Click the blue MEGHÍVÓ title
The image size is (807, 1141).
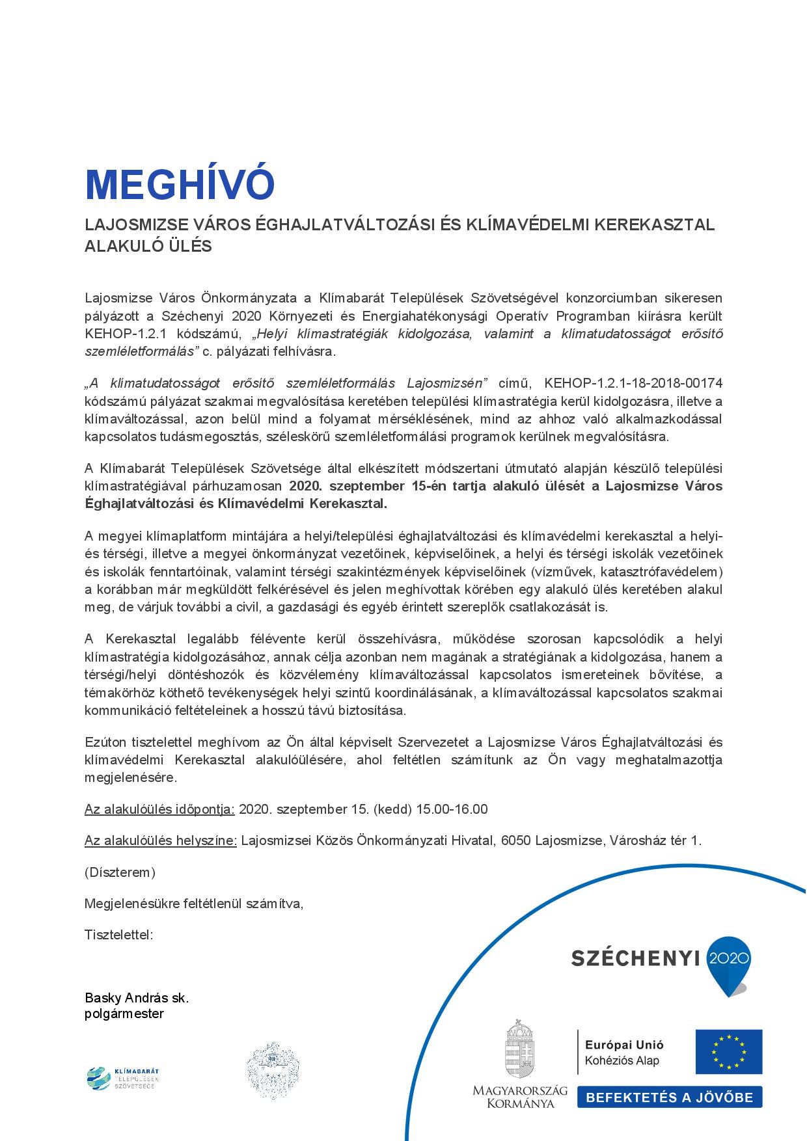tap(180, 185)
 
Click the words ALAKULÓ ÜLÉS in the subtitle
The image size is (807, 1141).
tap(148, 247)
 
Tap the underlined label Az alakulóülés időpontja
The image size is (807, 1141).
tap(159, 809)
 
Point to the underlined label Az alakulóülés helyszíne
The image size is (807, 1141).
tap(160, 840)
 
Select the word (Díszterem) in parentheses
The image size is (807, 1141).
tap(120, 872)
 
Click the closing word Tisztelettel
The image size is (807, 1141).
tap(118, 935)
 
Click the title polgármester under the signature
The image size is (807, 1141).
tap(124, 1013)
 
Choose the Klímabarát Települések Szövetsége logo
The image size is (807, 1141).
tap(123, 1078)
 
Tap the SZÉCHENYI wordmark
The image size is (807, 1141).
tap(635, 958)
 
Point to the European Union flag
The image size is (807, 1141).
tap(728, 1052)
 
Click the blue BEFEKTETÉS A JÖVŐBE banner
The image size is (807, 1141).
tap(669, 1097)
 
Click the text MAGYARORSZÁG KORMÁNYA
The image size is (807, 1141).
tap(520, 1096)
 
